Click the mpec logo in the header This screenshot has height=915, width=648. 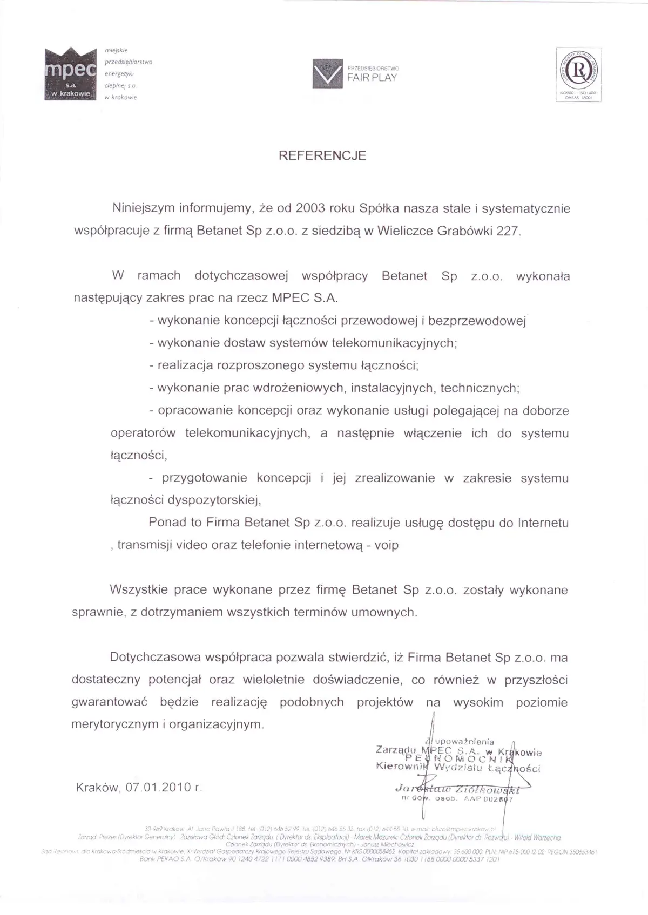click(70, 74)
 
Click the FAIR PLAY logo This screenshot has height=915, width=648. click(355, 73)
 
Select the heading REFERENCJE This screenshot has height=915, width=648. click(322, 155)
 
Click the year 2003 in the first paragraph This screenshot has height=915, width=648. click(296, 208)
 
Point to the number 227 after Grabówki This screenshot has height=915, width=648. click(510, 231)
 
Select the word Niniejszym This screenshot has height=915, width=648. click(143, 208)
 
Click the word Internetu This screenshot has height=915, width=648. click(543, 523)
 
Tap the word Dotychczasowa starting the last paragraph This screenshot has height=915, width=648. click(155, 658)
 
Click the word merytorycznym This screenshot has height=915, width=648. click(115, 725)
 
